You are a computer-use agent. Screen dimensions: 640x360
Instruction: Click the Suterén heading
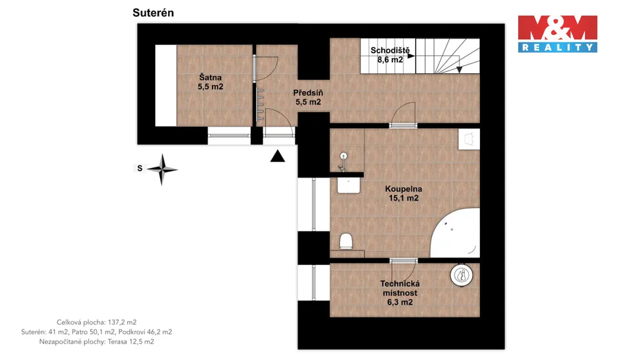153,12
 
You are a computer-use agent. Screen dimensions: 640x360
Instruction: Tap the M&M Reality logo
557,34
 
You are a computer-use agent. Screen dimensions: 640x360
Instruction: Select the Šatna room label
211,82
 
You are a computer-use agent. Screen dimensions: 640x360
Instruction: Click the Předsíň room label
308,97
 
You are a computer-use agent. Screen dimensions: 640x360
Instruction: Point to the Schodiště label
390,55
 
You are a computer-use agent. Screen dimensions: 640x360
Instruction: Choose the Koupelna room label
404,194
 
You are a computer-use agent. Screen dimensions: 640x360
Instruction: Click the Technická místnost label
400,292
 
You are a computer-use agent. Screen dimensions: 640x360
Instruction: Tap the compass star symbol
162,169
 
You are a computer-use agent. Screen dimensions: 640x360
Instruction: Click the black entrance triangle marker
277,156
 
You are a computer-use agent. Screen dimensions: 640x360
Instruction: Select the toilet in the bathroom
346,241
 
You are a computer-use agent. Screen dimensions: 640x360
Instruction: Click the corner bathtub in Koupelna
456,232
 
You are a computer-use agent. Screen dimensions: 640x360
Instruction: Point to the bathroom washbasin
349,185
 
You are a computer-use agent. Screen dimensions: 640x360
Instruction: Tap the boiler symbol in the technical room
462,276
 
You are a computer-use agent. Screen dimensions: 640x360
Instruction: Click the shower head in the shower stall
343,162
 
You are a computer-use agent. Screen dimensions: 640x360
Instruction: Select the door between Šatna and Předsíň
265,69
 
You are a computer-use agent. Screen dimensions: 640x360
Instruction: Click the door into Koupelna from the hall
403,115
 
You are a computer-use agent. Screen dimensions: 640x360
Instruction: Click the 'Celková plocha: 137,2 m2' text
97,322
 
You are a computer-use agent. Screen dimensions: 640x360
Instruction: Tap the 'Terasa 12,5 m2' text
131,342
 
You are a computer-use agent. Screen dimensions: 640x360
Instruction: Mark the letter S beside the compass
139,168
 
